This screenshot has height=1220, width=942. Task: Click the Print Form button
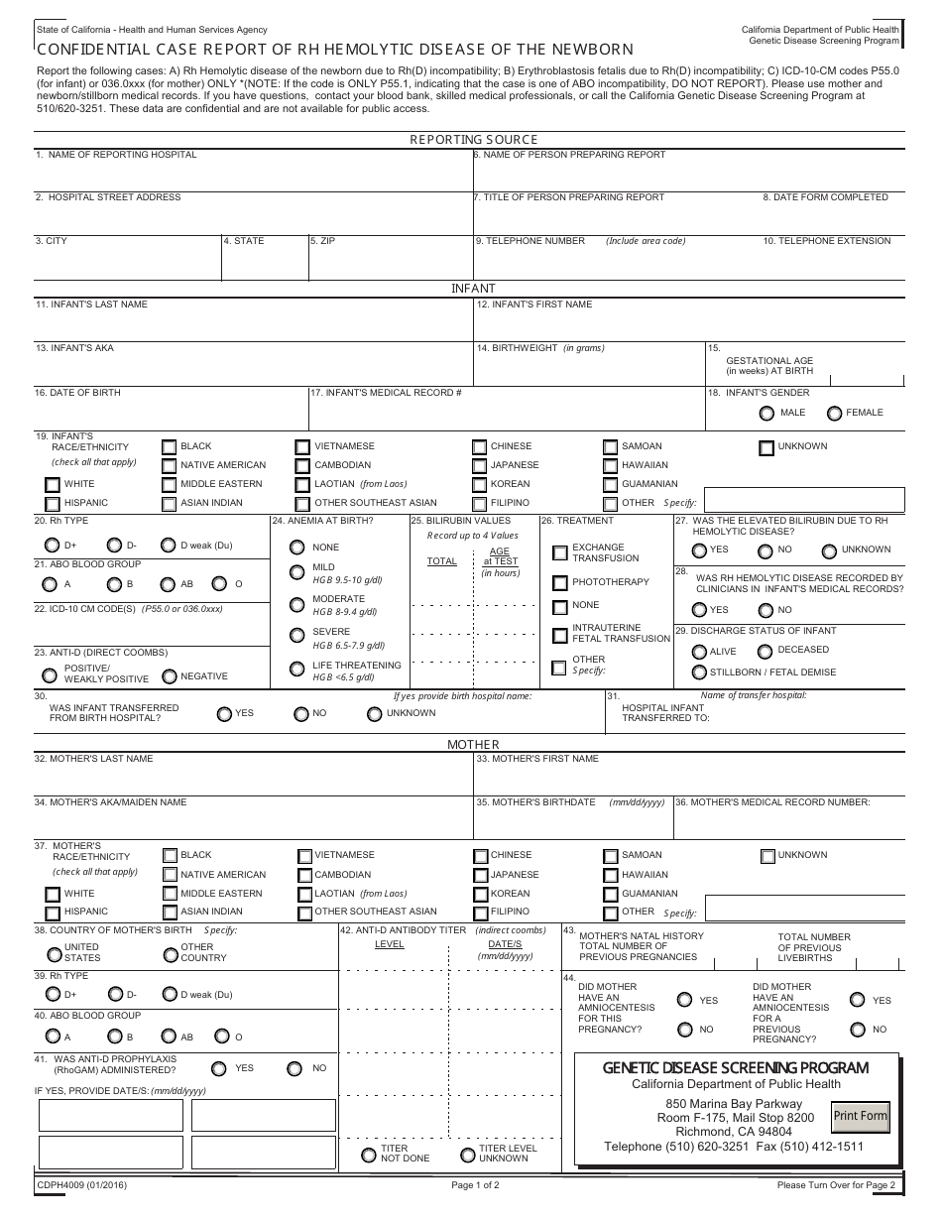[860, 1116]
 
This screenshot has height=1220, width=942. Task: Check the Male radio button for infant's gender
[765, 413]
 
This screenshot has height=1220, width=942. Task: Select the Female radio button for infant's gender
[834, 413]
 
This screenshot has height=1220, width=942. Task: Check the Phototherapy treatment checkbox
[560, 582]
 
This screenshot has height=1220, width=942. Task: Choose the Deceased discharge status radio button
[765, 652]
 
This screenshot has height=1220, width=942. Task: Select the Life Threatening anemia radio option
[296, 671]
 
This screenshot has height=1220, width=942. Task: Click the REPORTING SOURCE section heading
[473, 140]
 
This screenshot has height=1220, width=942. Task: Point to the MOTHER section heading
[473, 744]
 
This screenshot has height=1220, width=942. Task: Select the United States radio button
[54, 954]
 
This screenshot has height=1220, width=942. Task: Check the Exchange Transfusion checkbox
[560, 552]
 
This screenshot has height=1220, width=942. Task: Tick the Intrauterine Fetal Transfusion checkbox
[560, 634]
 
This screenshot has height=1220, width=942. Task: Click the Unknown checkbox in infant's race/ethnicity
[766, 447]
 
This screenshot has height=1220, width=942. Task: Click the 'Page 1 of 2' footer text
[475, 1184]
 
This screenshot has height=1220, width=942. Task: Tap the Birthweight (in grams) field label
[540, 348]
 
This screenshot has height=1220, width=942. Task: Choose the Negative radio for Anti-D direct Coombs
[170, 676]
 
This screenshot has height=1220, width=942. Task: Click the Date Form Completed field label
[825, 197]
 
